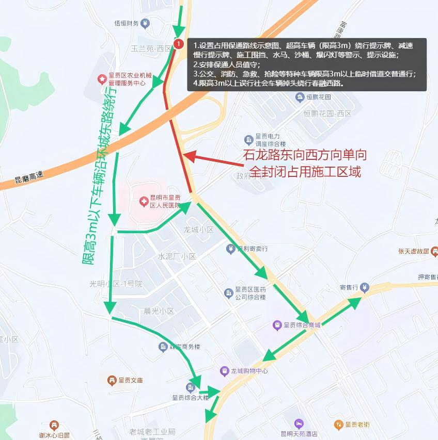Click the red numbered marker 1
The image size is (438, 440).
pos(178,44)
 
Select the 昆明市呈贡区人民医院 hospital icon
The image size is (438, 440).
pos(144,200)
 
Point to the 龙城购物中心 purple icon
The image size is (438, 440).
pos(224,371)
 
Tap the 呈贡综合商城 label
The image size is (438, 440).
pos(302,325)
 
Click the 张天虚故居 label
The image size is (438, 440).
pos(414,251)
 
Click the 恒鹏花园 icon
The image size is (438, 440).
pos(299,96)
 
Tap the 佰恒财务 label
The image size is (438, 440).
pos(127,23)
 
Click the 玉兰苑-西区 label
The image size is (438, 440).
pos(151,48)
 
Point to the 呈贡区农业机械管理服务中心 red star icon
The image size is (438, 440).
pos(102,79)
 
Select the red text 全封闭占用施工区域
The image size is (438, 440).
pos(305,172)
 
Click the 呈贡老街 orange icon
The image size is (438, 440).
pos(338,425)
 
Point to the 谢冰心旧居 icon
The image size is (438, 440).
pos(54,426)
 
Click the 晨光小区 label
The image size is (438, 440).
pos(159,312)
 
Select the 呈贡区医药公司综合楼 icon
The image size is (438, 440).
pos(228,293)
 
